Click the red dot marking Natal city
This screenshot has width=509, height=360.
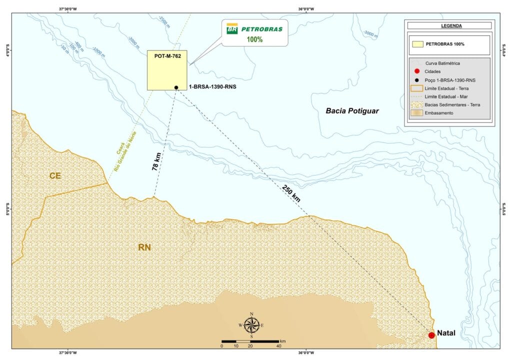[x=431, y=335]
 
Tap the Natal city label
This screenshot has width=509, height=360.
[x=446, y=333]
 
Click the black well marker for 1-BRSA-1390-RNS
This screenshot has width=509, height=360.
[x=176, y=87]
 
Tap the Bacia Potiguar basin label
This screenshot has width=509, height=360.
[x=352, y=111]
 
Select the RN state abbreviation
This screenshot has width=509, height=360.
[x=145, y=246]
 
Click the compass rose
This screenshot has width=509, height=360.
[x=251, y=325]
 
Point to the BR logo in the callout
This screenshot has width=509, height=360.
[x=232, y=29]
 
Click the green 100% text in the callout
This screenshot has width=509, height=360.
[x=254, y=39]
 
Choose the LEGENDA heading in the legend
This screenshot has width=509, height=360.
[x=451, y=25]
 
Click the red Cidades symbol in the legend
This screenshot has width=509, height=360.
[x=416, y=71]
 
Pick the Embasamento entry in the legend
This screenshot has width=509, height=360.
[x=439, y=113]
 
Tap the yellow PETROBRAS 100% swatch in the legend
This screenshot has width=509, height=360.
[x=416, y=44]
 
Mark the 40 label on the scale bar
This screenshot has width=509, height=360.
[x=278, y=346]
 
